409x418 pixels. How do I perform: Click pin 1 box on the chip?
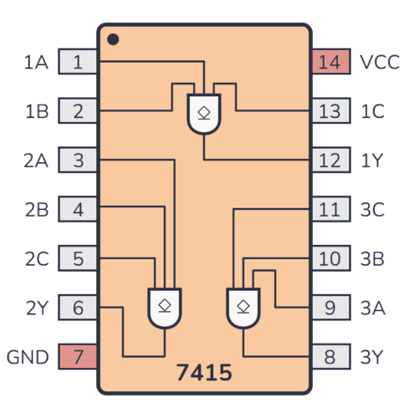tap(78, 62)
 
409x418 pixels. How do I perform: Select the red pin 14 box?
tap(330, 62)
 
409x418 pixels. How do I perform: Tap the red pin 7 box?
tap(78, 357)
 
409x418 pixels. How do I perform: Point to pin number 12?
tap(330, 160)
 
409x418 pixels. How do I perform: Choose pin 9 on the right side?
tap(330, 308)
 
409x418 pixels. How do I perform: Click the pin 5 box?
tap(78, 258)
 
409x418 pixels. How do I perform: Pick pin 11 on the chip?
tap(330, 209)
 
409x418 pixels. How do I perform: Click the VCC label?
tap(379, 62)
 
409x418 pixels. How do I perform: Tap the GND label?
tap(28, 357)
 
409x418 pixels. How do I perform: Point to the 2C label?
tap(36, 258)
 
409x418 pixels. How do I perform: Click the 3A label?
tap(372, 308)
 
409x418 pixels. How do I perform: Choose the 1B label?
tap(36, 110)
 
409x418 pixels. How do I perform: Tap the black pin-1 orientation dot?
tap(113, 39)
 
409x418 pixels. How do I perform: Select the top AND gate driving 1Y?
tap(204, 113)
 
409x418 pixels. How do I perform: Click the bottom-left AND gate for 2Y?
tap(164, 307)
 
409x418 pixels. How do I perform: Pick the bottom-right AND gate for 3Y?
tap(243, 307)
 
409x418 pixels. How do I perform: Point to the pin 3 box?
tap(78, 160)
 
